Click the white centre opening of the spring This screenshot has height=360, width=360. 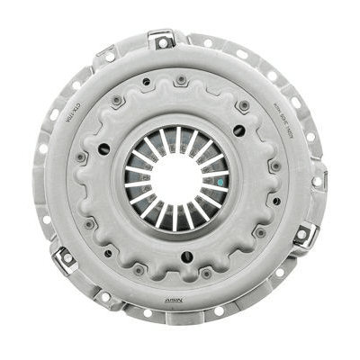tap(175, 176)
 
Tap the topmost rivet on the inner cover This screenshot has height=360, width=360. tap(181, 81)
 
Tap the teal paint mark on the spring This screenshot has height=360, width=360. tap(217, 179)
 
